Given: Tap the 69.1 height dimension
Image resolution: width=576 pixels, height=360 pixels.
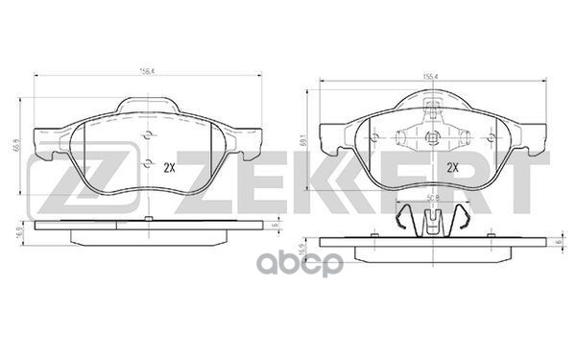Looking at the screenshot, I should coord(303,140).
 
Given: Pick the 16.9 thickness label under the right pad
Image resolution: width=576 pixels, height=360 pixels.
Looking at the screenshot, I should coord(303,249).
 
